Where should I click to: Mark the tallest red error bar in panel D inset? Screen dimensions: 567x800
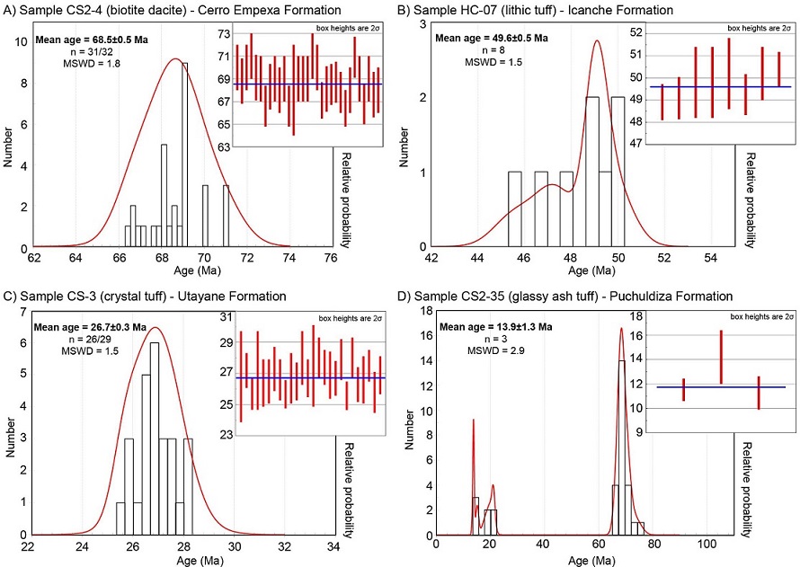(721, 357)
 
